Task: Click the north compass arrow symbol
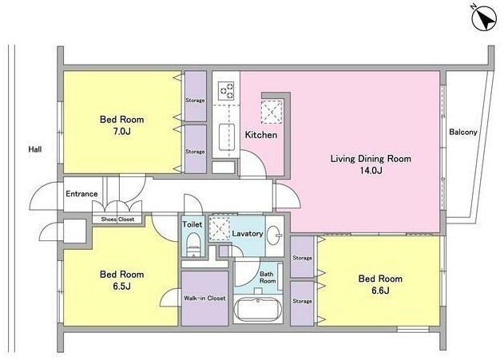(x=484, y=18)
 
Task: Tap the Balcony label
(x=462, y=132)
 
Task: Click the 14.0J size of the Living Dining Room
(x=371, y=171)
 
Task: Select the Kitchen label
(x=261, y=135)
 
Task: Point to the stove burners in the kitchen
(x=226, y=90)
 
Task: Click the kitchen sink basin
(x=227, y=137)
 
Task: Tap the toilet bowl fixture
(x=193, y=245)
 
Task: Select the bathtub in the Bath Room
(x=257, y=310)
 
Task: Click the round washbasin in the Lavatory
(x=274, y=235)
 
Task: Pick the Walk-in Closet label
(x=204, y=298)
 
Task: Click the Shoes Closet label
(x=117, y=220)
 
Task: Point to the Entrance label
(x=81, y=194)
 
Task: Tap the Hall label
(x=35, y=149)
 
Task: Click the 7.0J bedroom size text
(x=121, y=132)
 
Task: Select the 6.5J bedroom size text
(x=121, y=286)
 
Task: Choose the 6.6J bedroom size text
(x=380, y=291)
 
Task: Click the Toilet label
(x=192, y=224)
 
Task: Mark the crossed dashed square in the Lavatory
(x=219, y=229)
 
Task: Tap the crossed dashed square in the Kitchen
(x=272, y=112)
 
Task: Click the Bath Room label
(x=268, y=278)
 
